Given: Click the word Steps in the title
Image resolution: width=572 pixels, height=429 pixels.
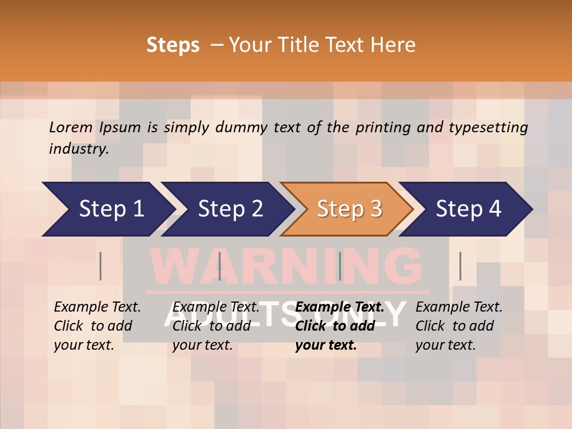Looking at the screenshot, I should pyautogui.click(x=173, y=45).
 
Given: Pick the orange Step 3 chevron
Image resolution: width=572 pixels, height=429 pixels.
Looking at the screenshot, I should pyautogui.click(x=347, y=209).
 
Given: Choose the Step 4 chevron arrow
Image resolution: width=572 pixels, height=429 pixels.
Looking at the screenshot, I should pyautogui.click(x=466, y=209).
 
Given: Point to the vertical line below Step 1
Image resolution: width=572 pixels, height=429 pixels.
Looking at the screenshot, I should pyautogui.click(x=100, y=266).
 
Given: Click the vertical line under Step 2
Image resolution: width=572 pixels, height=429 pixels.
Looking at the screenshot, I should pyautogui.click(x=219, y=266).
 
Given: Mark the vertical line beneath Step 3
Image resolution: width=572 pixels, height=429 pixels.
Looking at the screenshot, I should pyautogui.click(x=340, y=266).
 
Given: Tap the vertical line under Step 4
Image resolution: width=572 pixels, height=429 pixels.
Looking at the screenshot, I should pyautogui.click(x=460, y=266).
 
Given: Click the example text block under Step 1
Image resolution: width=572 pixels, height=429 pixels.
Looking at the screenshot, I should pyautogui.click(x=97, y=326).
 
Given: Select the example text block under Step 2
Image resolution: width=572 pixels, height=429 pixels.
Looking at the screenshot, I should pyautogui.click(x=215, y=326).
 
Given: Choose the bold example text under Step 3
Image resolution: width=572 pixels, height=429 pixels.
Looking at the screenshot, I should pyautogui.click(x=339, y=326).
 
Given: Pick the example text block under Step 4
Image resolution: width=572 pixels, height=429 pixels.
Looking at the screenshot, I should pyautogui.click(x=458, y=326).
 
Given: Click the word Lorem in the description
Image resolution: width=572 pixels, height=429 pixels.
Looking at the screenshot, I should pyautogui.click(x=71, y=128).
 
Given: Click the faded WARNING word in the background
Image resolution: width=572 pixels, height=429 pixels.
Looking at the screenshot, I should pyautogui.click(x=286, y=266).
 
